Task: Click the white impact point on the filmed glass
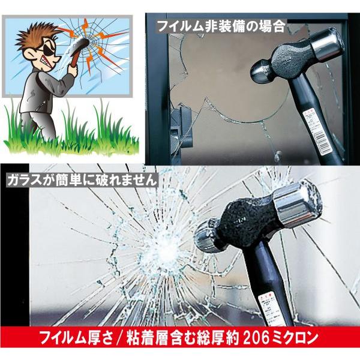coord(148,256)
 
